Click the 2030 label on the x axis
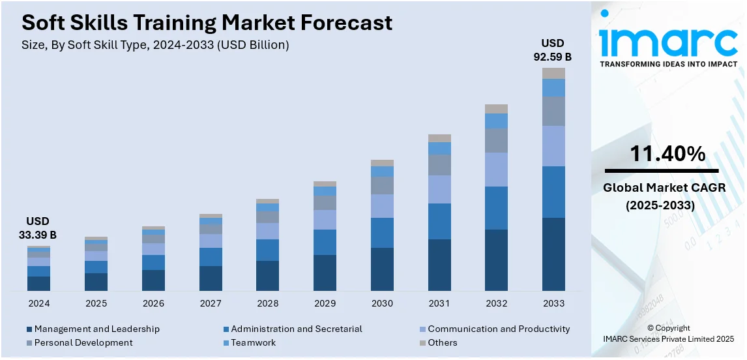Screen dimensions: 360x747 tap(382, 304)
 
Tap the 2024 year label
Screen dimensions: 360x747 tap(38, 304)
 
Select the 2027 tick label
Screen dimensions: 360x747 tap(211, 304)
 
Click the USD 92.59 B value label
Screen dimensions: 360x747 tap(553, 50)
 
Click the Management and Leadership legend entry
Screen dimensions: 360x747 tap(96, 329)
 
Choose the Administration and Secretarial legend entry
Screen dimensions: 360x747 tap(296, 329)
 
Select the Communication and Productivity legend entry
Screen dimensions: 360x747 tap(499, 329)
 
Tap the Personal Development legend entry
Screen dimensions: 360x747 tap(83, 343)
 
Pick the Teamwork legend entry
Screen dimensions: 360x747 tap(253, 343)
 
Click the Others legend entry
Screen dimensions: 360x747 tap(443, 343)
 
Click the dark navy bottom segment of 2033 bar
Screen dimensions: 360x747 tap(553, 254)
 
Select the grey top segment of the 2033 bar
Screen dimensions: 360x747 tap(553, 74)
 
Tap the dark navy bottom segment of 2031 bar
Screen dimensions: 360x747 tap(439, 265)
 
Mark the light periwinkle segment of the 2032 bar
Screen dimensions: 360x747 tap(496, 170)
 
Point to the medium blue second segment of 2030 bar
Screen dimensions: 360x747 tap(382, 233)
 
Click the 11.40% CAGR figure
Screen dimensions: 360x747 tap(667, 155)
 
